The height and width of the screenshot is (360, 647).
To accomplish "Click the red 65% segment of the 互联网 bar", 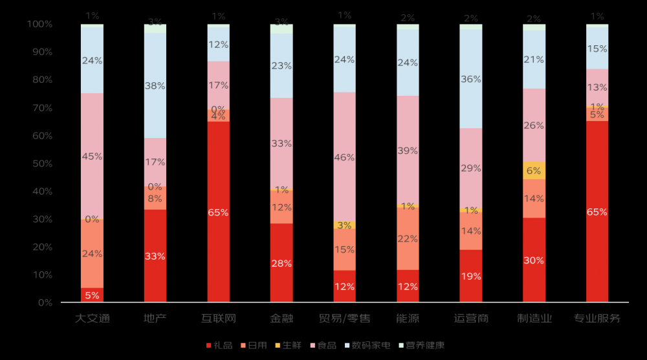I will click(x=218, y=212).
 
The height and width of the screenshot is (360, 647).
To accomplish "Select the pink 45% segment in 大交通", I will click(x=92, y=156).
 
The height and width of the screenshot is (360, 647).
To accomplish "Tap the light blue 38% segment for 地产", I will click(x=155, y=85).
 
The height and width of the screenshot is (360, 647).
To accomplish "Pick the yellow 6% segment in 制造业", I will click(x=534, y=170).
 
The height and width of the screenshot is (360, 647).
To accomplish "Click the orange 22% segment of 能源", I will click(x=408, y=238).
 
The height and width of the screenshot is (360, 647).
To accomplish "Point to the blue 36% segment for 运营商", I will click(x=470, y=79).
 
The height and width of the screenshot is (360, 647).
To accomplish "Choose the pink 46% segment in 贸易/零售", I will click(x=344, y=157).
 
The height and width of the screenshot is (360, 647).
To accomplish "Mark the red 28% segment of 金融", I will click(x=281, y=263).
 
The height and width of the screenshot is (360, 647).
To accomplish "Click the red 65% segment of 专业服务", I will click(x=597, y=212).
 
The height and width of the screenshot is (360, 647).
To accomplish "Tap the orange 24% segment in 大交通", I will click(x=92, y=254).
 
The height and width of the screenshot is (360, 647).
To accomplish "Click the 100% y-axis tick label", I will click(x=40, y=25).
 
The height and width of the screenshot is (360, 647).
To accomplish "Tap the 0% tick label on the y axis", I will click(x=45, y=303).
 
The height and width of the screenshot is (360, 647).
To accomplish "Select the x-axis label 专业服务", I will click(x=597, y=319).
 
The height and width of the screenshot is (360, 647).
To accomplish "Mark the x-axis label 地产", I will click(x=155, y=319).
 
